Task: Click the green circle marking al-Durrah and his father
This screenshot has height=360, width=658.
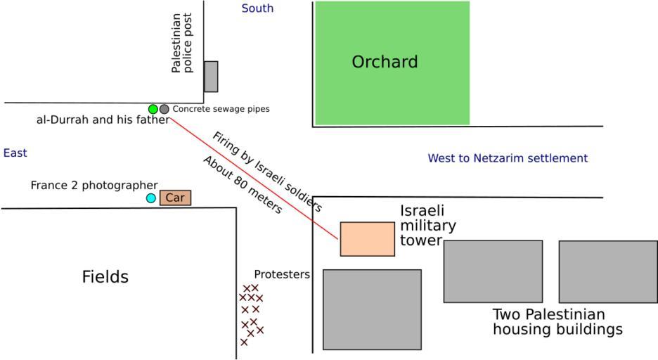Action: pos(153,109)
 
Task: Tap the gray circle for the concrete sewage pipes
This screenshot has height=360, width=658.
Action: pos(164,109)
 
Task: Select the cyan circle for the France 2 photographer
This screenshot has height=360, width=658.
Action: pos(151,198)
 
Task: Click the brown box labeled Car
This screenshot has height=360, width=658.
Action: pos(175,198)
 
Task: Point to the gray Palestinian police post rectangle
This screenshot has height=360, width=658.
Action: pos(211,76)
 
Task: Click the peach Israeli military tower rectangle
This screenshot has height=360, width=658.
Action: pos(367,239)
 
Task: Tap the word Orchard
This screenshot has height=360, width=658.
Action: pos(385,62)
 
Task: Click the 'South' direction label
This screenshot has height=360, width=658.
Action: pos(257,8)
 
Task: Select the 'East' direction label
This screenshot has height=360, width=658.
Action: pos(15,153)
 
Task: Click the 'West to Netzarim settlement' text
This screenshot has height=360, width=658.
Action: pos(508,158)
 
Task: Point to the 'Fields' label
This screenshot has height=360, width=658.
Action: pos(105,277)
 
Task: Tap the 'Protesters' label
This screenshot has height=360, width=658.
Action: pos(282,274)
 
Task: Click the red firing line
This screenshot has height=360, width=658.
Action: pos(253,179)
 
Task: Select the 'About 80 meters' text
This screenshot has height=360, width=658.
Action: pos(243,184)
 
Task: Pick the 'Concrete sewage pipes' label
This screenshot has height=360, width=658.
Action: pos(221,109)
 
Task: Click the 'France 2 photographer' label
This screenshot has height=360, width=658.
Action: pos(93,186)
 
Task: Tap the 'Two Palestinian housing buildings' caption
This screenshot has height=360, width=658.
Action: pos(557,321)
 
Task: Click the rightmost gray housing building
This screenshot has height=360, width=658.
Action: pos(608,271)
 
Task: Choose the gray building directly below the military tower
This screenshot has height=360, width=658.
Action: pos(372,309)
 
